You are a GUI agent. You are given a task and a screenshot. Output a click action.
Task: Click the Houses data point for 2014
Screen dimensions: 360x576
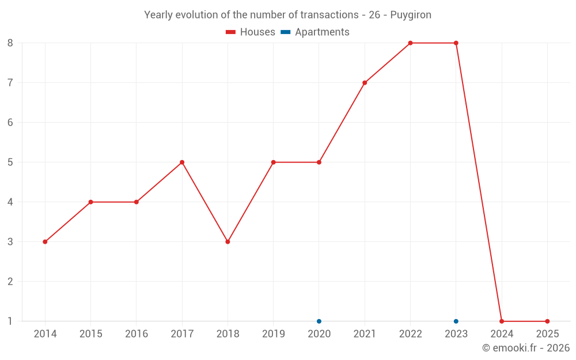[45, 242]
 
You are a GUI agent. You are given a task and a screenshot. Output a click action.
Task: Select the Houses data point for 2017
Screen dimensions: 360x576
[182, 162]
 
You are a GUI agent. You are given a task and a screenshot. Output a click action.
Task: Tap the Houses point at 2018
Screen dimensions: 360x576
[228, 242]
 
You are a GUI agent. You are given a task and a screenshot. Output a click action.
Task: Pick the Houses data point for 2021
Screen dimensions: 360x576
[365, 83]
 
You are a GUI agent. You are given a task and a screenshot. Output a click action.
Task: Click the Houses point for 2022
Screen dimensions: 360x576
[410, 43]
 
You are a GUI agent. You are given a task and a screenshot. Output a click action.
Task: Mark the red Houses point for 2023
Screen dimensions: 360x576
[456, 43]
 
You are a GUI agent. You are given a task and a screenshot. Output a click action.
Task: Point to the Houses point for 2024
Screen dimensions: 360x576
[502, 321]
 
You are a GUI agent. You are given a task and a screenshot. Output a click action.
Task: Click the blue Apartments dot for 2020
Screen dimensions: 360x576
[319, 321]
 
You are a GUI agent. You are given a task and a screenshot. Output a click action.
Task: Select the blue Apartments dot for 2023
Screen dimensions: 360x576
[456, 321]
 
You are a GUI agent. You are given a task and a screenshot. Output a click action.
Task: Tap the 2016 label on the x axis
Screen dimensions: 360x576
[137, 334]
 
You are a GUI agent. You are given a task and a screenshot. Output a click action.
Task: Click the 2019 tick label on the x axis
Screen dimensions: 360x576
[274, 334]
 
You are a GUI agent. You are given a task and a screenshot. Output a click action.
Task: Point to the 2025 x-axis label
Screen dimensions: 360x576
[547, 334]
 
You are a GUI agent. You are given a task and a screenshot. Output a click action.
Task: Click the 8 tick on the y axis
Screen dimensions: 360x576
[10, 43]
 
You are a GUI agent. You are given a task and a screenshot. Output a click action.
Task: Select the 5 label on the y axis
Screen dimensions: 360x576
[10, 162]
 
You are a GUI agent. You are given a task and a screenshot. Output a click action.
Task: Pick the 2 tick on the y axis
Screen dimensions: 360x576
[10, 282]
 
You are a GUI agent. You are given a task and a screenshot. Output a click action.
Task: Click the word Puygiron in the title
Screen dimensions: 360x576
[411, 15]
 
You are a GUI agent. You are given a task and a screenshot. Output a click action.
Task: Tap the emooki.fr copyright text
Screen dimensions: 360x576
[526, 348]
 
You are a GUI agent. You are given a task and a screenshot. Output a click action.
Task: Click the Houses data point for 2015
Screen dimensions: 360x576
[91, 202]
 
